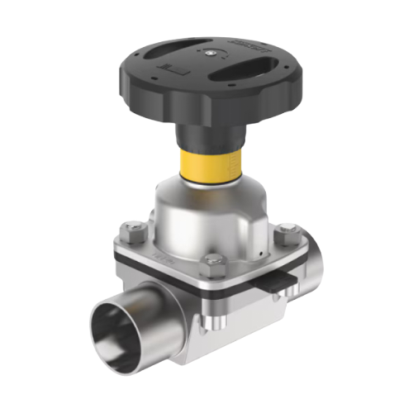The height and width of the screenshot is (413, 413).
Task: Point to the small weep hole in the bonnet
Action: (261, 247)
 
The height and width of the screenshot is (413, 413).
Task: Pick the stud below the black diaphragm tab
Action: (280, 302)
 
